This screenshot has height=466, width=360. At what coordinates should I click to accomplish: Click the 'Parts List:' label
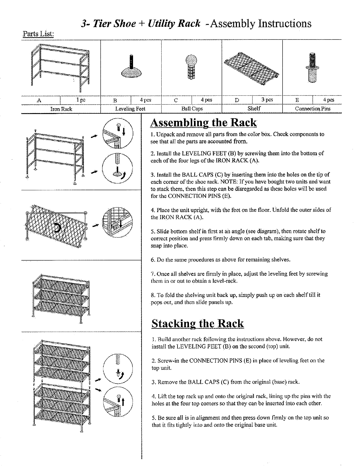point(38,34)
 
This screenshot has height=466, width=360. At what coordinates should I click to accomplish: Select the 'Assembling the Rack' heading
point(203,123)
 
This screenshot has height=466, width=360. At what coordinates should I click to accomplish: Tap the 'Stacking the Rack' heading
point(198,323)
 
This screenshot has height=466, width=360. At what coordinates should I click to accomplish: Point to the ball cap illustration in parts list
point(191,67)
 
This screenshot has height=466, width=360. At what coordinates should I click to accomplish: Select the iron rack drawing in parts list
point(60,68)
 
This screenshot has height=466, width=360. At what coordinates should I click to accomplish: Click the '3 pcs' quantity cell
point(267,100)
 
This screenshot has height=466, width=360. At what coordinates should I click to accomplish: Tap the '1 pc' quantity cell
point(80,100)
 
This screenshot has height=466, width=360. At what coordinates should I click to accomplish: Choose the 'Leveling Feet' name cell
point(130,109)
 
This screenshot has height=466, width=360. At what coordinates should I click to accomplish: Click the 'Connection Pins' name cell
point(313,109)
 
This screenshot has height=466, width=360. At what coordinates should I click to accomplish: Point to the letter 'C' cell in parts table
point(176,100)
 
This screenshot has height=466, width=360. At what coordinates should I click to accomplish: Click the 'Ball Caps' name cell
point(192,109)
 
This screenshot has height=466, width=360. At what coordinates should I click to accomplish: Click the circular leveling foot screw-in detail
point(118,167)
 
